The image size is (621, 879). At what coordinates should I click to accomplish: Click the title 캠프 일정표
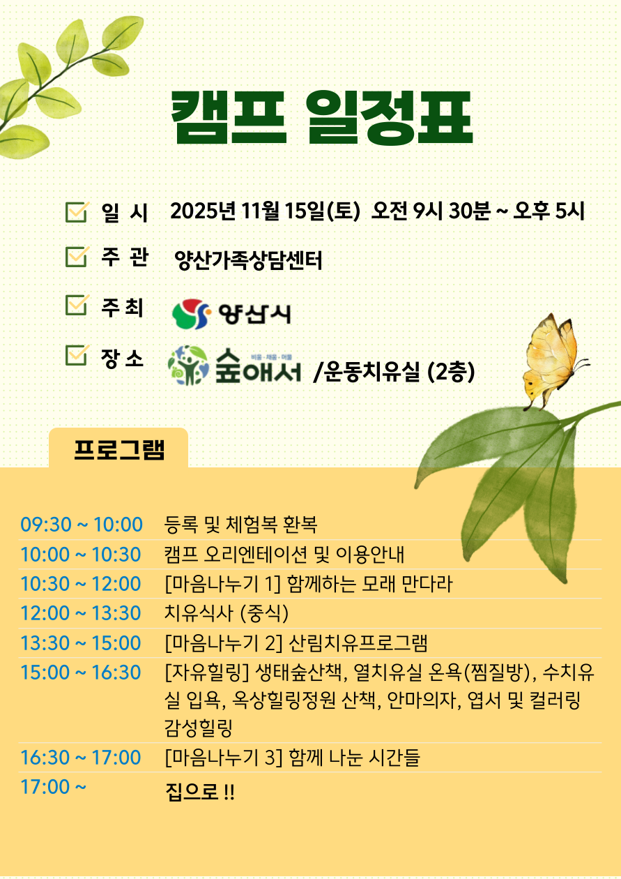[322, 118]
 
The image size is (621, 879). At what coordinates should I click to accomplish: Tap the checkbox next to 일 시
[77, 213]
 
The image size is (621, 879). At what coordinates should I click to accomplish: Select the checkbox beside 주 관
[77, 257]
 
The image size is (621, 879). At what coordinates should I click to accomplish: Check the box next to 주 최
[77, 306]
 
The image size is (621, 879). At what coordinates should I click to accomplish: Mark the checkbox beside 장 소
[77, 355]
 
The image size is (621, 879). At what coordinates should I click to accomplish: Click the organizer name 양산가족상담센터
[248, 260]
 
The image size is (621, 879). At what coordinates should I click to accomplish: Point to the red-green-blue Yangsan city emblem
[191, 314]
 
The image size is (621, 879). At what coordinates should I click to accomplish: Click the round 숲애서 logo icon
[188, 366]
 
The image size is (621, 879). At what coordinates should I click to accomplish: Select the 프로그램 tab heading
[118, 450]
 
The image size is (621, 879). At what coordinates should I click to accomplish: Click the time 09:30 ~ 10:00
[81, 525]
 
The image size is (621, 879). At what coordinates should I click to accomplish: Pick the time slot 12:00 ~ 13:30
[80, 613]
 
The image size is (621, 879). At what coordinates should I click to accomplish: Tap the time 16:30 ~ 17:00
[80, 758]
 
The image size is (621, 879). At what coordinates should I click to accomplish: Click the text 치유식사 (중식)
[227, 613]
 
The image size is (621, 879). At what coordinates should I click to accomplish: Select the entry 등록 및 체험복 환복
[240, 525]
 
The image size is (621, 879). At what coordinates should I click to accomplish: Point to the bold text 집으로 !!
[200, 792]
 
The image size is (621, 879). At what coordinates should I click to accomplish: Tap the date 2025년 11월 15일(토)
[265, 211]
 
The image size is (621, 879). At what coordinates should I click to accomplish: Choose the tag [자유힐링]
[207, 673]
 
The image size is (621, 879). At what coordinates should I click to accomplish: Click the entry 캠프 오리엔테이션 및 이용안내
[284, 554]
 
